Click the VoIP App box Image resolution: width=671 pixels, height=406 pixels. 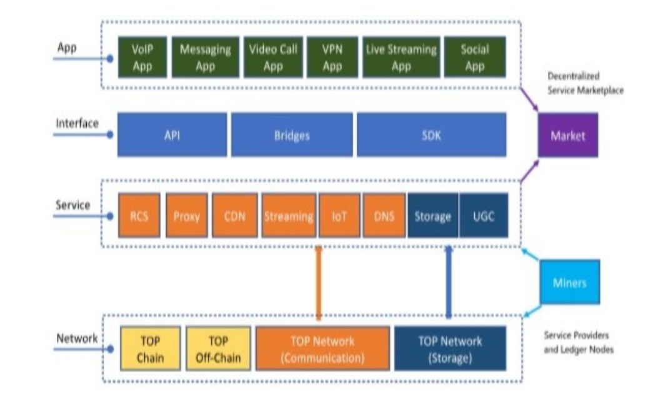(142, 58)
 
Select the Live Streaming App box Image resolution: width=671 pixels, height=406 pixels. (401, 58)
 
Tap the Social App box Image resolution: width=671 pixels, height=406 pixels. (474, 58)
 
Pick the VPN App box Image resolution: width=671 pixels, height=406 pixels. (332, 58)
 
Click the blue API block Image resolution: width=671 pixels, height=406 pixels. (172, 135)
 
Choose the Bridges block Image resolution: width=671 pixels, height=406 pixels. (292, 135)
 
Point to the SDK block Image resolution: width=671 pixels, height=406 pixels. (431, 135)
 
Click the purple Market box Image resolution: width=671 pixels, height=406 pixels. (567, 135)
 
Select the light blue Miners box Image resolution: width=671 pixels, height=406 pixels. (569, 282)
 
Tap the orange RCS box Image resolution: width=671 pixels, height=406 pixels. (139, 216)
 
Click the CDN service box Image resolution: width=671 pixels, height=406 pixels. (234, 216)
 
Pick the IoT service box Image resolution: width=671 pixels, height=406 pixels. (338, 216)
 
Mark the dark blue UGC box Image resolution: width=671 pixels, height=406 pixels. (483, 216)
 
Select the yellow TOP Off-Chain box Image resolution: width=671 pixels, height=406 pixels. (218, 350)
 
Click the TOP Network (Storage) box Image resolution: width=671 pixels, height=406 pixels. (450, 350)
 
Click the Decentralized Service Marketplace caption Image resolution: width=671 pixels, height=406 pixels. (585, 83)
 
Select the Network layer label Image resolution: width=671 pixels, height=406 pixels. (77, 339)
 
